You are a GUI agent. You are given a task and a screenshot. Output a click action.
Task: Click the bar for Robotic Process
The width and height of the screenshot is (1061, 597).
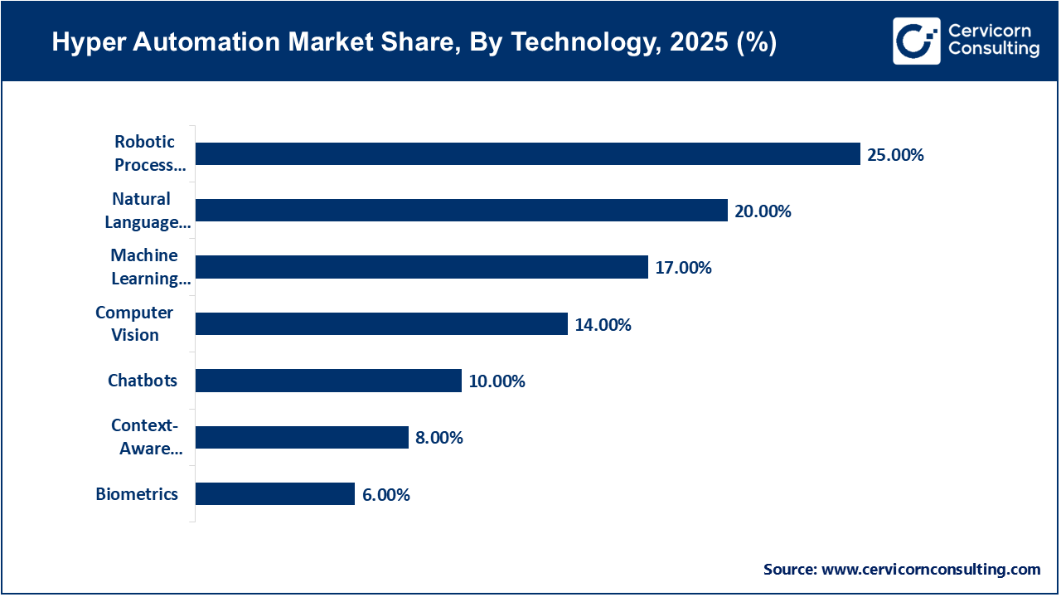tap(527, 154)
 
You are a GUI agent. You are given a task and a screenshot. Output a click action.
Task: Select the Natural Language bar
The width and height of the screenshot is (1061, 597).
tap(461, 211)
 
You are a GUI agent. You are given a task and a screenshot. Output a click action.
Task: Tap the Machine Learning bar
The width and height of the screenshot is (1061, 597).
tap(421, 267)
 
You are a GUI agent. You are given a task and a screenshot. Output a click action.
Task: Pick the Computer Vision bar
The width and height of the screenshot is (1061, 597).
tap(381, 324)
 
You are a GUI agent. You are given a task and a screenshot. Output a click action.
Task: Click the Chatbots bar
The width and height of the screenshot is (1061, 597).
tap(328, 381)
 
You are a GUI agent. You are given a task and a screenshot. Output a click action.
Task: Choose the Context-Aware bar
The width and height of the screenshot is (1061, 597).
tap(302, 437)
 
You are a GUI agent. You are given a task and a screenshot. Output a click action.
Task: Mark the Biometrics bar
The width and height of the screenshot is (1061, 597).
tap(275, 494)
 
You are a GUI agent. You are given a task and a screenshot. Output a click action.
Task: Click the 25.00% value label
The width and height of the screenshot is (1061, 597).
tap(895, 155)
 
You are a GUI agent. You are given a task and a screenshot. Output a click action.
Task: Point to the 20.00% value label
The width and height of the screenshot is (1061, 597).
tap(763, 211)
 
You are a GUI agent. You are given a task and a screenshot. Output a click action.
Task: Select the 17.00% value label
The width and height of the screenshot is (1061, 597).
tap(683, 268)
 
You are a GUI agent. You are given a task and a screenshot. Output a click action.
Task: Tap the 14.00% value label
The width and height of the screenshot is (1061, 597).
tap(603, 325)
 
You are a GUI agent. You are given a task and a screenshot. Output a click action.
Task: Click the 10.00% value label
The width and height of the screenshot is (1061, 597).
tap(497, 381)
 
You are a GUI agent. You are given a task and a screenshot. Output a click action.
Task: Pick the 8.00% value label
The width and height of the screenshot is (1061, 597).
tap(439, 438)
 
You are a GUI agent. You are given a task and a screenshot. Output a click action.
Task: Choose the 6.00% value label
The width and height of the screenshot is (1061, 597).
tap(386, 495)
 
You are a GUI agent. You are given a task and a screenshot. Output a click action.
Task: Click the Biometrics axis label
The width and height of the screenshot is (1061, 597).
tap(137, 494)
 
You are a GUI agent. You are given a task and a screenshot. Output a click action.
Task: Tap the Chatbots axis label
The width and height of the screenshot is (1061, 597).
tap(143, 381)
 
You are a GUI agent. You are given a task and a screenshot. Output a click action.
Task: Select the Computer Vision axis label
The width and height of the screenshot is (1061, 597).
tap(135, 324)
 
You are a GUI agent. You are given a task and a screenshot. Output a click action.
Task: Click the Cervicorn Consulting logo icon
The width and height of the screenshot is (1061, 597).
tap(916, 41)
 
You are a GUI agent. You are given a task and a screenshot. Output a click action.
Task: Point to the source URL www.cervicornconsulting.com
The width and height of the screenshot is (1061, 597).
tap(931, 570)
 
